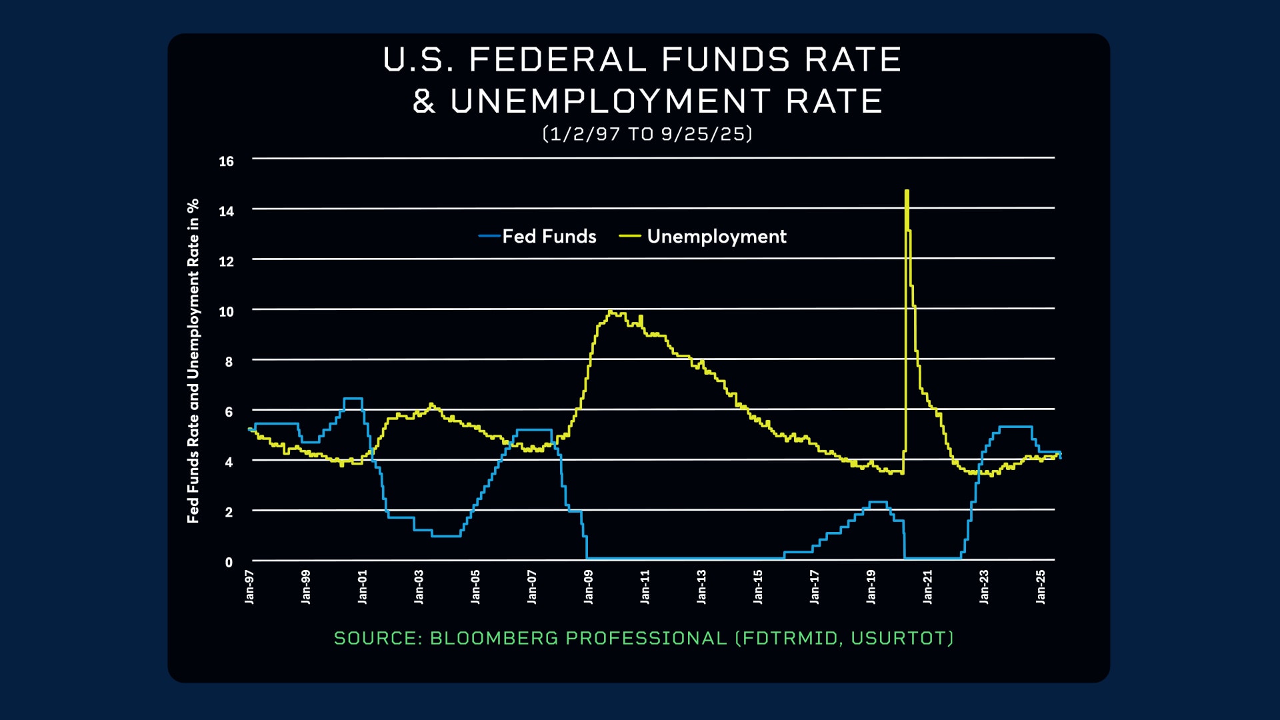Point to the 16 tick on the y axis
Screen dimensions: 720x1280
pyautogui.click(x=227, y=161)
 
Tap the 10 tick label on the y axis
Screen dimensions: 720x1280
pyautogui.click(x=227, y=311)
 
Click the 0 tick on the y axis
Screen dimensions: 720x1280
pyautogui.click(x=229, y=562)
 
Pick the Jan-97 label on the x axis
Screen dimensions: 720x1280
pyautogui.click(x=249, y=587)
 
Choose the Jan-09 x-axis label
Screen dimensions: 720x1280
pyautogui.click(x=588, y=587)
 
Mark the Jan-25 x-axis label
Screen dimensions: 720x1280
pyautogui.click(x=1041, y=587)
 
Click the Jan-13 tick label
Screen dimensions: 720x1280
pyautogui.click(x=701, y=587)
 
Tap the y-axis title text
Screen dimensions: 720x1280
pyautogui.click(x=193, y=361)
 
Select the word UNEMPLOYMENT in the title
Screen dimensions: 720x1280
pyautogui.click(x=611, y=101)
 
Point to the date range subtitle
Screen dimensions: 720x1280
pyautogui.click(x=647, y=134)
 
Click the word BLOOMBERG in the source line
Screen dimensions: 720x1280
pyautogui.click(x=494, y=638)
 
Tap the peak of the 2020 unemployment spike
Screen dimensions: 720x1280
pyautogui.click(x=907, y=192)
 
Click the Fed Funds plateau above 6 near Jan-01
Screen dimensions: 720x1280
pyautogui.click(x=353, y=399)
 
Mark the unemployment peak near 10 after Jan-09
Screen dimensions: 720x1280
pyautogui.click(x=611, y=311)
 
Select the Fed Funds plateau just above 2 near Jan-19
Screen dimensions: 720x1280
pyautogui.click(x=878, y=502)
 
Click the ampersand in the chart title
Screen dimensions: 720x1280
pyautogui.click(x=424, y=101)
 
